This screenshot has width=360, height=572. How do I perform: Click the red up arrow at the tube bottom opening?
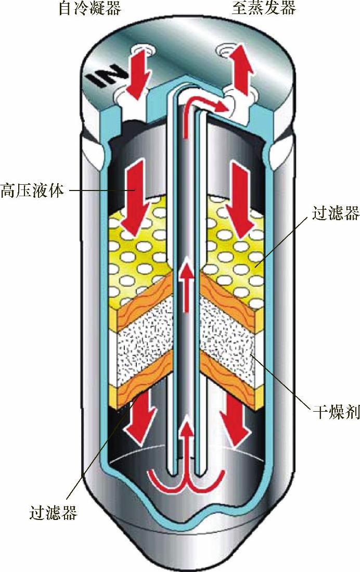[185, 448]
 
